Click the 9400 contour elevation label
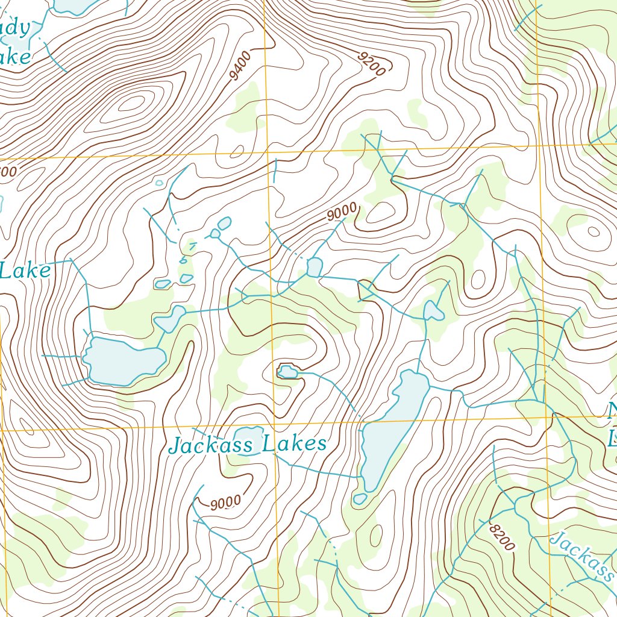click(x=240, y=66)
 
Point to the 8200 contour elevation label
click(x=501, y=536)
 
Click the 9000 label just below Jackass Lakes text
click(x=225, y=502)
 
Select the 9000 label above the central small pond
click(x=342, y=213)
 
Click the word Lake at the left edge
click(x=25, y=271)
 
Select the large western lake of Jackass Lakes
click(x=124, y=360)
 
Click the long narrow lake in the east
click(x=392, y=431)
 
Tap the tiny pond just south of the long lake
click(x=360, y=499)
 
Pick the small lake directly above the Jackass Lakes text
click(x=247, y=437)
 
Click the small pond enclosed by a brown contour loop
click(x=287, y=372)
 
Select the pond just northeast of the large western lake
click(x=171, y=318)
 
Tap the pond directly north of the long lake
click(x=433, y=311)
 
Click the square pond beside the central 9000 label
click(x=314, y=266)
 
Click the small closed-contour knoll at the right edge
click(x=594, y=231)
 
